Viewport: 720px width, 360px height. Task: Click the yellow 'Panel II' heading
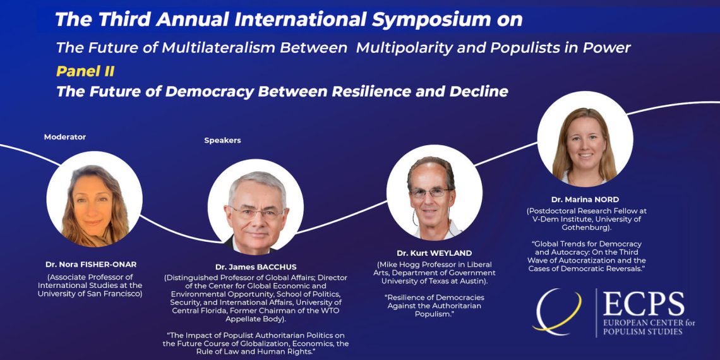pos(85,71)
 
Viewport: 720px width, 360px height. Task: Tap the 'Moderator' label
pos(65,137)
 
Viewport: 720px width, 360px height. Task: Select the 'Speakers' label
pos(223,140)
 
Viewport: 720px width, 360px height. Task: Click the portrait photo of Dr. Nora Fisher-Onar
pos(94,200)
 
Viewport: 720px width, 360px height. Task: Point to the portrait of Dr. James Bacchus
pos(256,207)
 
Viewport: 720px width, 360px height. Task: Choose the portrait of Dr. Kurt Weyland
pos(435,193)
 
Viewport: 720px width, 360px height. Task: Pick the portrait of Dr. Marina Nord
pos(585,139)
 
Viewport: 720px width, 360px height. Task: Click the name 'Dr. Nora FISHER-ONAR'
pos(91,265)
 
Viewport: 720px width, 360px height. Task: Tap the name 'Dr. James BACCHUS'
pos(256,267)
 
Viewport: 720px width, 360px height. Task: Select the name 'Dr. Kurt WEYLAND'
pos(435,253)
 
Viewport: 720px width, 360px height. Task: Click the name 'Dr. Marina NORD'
pos(585,200)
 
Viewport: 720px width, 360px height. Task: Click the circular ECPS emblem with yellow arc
pos(558,311)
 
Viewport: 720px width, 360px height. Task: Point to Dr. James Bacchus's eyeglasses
pos(257,213)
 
